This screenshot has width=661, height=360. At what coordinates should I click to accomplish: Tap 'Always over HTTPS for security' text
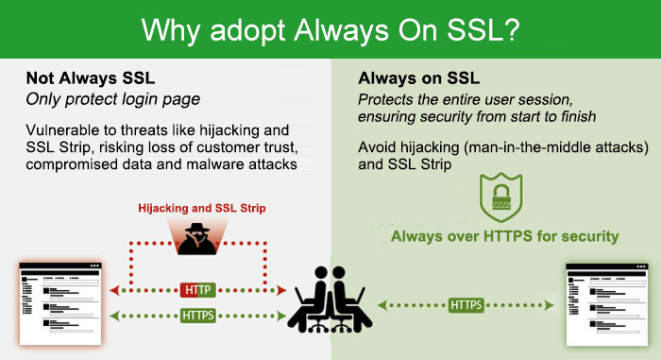coord(505,235)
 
